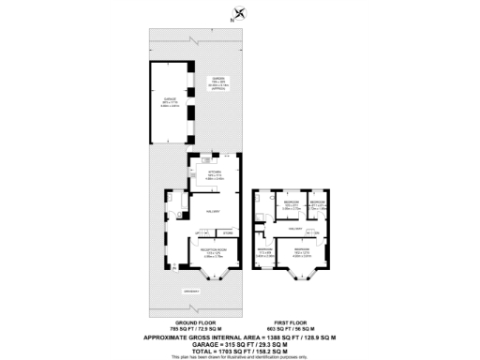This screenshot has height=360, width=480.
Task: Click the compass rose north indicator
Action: coord(242,13)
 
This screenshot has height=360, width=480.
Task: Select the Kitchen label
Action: coord(215,172)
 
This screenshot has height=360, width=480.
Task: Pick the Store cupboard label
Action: coord(227,232)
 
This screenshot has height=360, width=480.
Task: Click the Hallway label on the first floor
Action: coord(294,227)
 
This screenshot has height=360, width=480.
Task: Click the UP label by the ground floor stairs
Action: coord(198,232)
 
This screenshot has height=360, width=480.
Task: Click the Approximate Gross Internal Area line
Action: coord(240,336)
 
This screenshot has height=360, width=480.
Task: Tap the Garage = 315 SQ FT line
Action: coord(240,343)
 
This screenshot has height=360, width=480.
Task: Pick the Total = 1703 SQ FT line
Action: coord(240,351)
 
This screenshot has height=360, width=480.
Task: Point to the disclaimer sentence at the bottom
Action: coord(240,357)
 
